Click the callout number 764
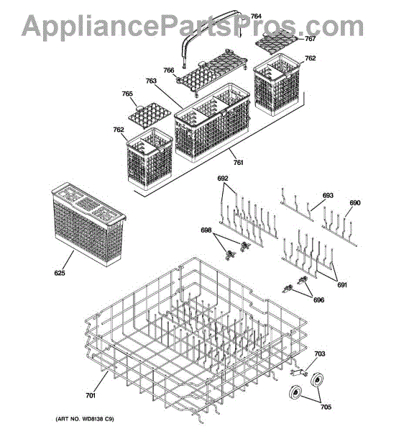pos(256,17)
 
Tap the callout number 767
pos(310,39)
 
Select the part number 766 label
pos(169,71)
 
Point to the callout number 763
pos(151,81)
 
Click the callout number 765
pos(127,94)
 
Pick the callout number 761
pos(238,163)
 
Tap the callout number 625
pos(60,273)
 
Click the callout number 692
pos(223,179)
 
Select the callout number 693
pos(328,195)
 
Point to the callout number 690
pos(355,203)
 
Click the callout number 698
pos(206,230)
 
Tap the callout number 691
pos(342,285)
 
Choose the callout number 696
pos(318,300)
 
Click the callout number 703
pos(320,354)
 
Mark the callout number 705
pos(326,407)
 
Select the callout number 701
pos(91,395)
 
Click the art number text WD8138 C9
pos(97,419)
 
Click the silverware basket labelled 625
pos(88,224)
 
